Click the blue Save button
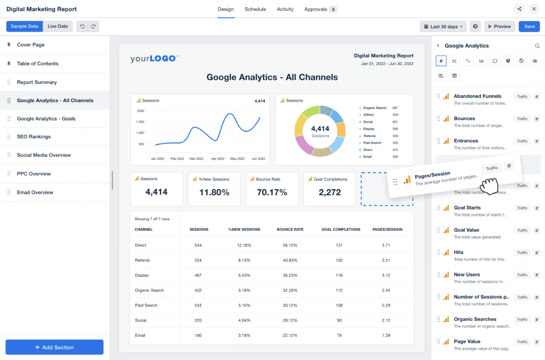[x=529, y=27]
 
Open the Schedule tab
[x=255, y=9]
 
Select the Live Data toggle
[x=58, y=26]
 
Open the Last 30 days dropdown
[x=443, y=27]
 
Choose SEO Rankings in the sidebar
[x=34, y=137]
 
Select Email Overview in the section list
[x=35, y=192]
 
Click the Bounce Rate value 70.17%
[x=272, y=192]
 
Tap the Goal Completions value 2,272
[x=330, y=192]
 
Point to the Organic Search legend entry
[x=375, y=108]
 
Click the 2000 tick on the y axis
[x=141, y=111]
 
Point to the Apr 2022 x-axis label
[x=217, y=159]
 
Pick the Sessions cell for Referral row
[x=198, y=260]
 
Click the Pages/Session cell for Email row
[x=386, y=336]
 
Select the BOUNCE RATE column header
[x=290, y=229]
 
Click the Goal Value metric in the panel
[x=466, y=230]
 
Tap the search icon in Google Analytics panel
[x=537, y=46]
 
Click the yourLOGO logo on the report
[x=155, y=59]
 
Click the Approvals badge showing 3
[x=333, y=9]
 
